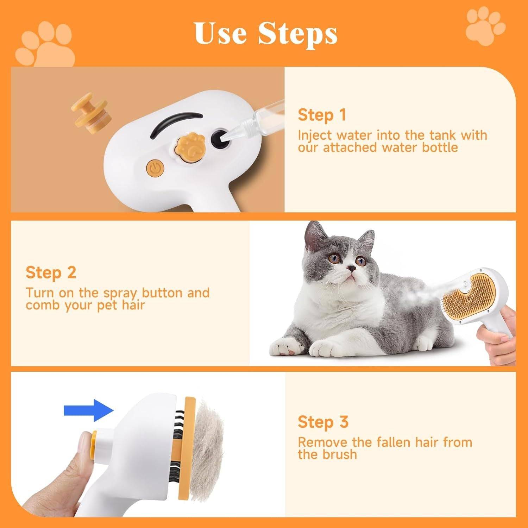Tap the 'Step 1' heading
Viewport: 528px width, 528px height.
coord(322,115)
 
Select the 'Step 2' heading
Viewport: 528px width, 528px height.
coord(51,272)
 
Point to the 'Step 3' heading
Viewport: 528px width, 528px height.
coord(323,422)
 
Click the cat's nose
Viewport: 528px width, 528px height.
coord(350,269)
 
